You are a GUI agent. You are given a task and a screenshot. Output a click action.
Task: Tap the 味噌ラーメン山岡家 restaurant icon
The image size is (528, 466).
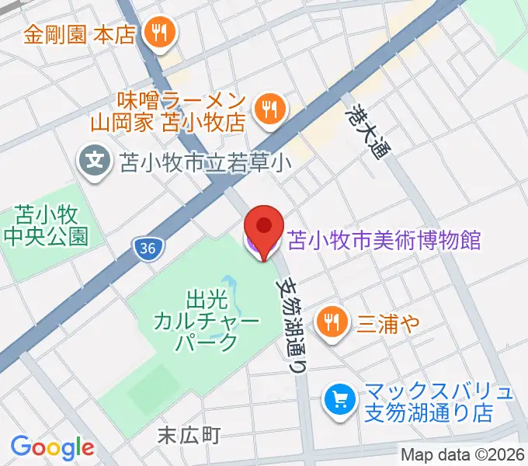tap(269, 109)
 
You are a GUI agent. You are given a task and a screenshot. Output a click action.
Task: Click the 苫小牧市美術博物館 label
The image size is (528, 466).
tap(384, 239)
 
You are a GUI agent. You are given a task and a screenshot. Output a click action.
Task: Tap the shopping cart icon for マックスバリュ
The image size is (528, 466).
tap(339, 400)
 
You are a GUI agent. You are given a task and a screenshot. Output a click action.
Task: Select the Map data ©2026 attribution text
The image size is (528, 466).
tap(463, 455)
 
